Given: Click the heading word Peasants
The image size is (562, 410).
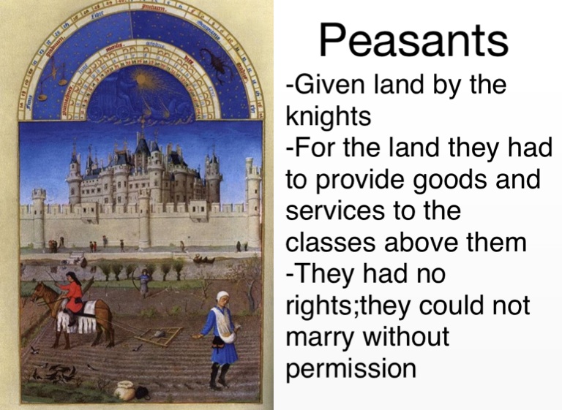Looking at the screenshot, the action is coord(413,39).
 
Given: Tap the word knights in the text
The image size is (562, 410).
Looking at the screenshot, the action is coord(329,116).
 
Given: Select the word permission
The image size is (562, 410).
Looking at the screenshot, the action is coord(351,369).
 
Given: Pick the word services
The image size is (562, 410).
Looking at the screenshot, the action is coord(335,210).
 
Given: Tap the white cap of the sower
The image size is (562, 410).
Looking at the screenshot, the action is coord(222,296).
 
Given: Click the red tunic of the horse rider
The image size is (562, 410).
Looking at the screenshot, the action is coord(73,296).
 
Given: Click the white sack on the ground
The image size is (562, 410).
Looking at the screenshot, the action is coord(124,391).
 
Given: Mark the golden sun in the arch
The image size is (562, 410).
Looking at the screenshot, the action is coord(144,79).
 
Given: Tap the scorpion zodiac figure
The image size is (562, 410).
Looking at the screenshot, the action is coord(215,64).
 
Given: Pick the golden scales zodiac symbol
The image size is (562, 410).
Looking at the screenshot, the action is coord(52,80).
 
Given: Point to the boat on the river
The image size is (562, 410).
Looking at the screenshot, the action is coord(203,259).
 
